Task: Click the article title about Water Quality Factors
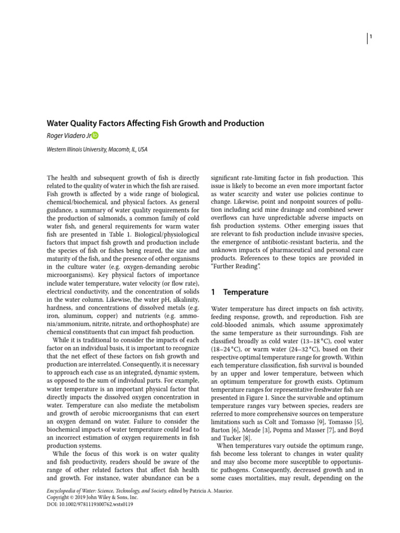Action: [x=156, y=123]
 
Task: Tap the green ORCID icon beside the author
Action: [x=95, y=136]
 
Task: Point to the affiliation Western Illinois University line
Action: [x=97, y=149]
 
